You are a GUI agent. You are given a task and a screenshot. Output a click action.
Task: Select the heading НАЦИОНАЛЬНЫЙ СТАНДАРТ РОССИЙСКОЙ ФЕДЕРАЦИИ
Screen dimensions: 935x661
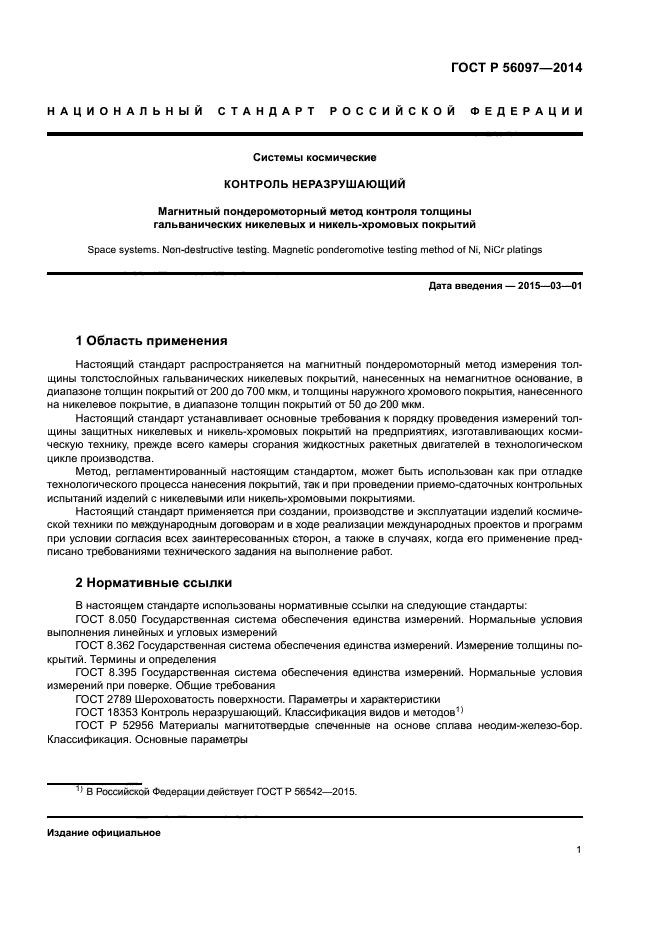pos(315,109)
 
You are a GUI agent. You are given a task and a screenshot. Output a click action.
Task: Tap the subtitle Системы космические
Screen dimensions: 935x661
pos(315,158)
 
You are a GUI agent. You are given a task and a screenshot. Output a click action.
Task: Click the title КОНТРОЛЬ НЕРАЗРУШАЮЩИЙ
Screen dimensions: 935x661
pos(315,185)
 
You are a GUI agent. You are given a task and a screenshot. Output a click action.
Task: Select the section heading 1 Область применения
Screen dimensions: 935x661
pos(151,341)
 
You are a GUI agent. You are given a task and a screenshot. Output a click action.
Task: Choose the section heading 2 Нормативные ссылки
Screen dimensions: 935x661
pos(153,582)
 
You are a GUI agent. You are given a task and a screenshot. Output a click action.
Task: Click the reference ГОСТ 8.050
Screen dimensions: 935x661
pos(106,620)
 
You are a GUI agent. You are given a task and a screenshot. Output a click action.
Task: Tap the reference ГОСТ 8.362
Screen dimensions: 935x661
pos(106,647)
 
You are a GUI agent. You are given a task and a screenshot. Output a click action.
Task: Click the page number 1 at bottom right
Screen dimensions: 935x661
pos(579,850)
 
